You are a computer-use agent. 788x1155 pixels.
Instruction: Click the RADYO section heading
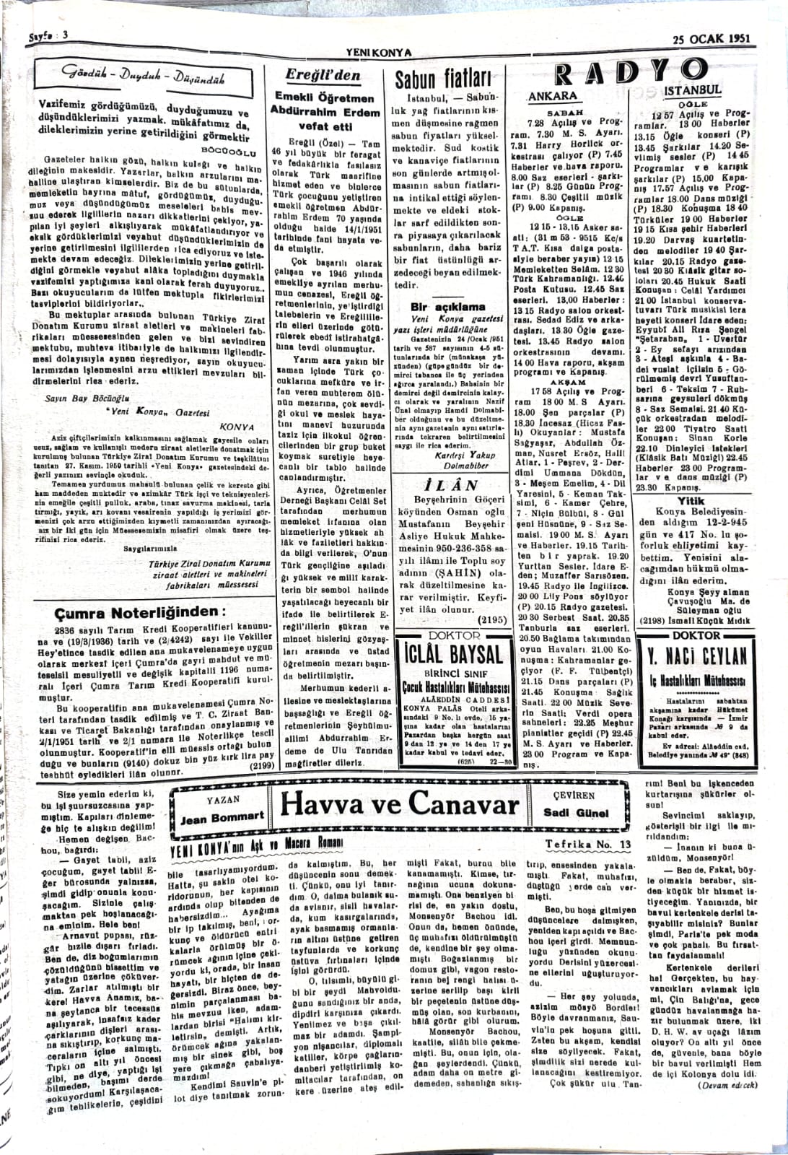click(x=629, y=72)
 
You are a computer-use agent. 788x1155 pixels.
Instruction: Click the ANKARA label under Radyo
click(x=553, y=96)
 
